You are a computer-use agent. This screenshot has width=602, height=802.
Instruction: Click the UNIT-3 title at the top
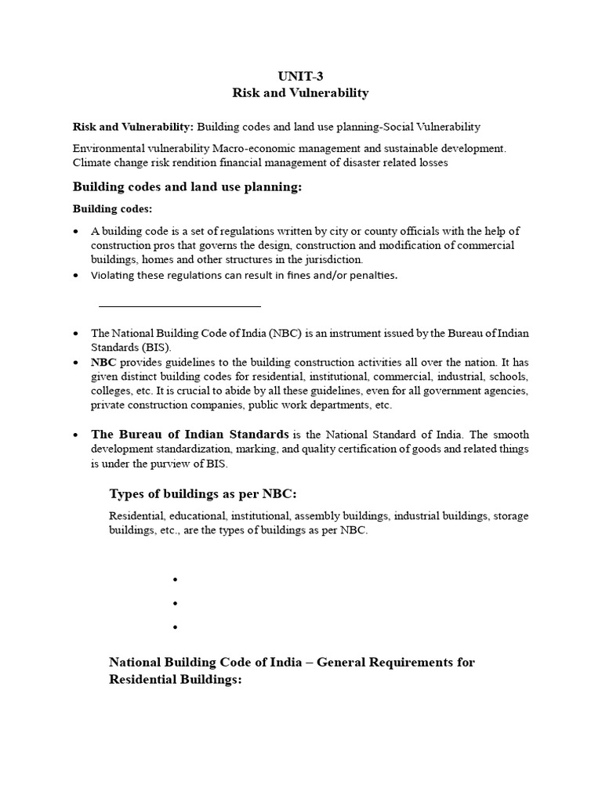click(x=300, y=76)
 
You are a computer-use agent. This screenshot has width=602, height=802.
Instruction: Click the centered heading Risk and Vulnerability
click(x=300, y=93)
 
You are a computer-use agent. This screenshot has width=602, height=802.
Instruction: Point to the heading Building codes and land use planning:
click(x=187, y=187)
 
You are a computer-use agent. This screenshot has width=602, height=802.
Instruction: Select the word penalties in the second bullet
click(x=371, y=275)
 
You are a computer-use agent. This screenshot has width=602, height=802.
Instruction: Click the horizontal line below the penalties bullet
click(x=180, y=306)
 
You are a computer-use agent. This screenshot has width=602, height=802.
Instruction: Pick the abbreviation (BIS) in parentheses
click(x=154, y=346)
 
